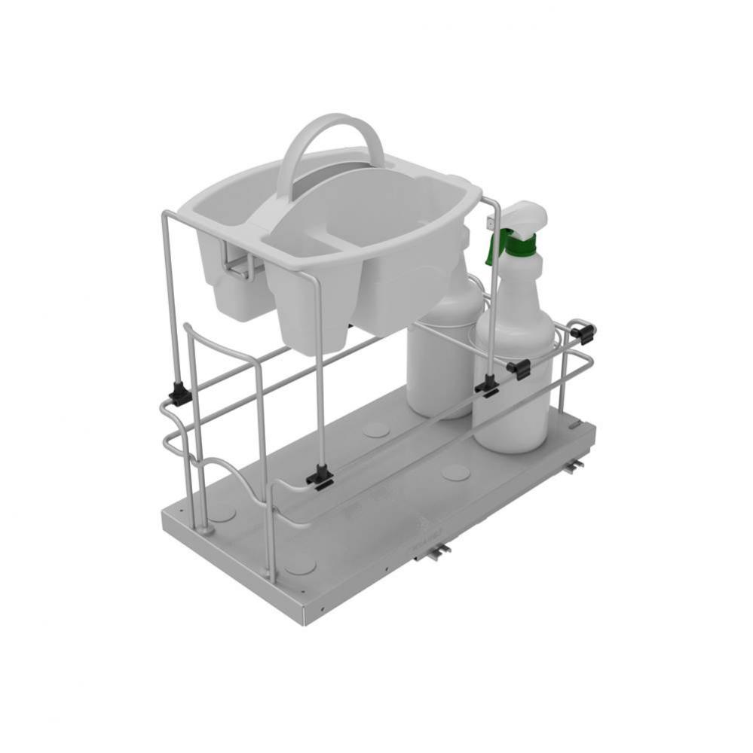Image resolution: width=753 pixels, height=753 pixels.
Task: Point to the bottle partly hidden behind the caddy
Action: (437, 354)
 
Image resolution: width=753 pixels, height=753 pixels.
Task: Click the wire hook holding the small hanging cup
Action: (240, 265)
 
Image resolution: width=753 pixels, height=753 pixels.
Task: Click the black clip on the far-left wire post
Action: (179, 394)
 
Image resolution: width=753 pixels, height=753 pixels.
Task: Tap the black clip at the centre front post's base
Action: (320, 477)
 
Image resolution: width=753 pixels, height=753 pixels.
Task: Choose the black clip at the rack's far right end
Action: (583, 331)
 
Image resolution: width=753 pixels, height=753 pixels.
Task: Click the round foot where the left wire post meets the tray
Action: (205, 530)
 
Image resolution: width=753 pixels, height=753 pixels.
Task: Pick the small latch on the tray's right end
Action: (576, 427)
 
